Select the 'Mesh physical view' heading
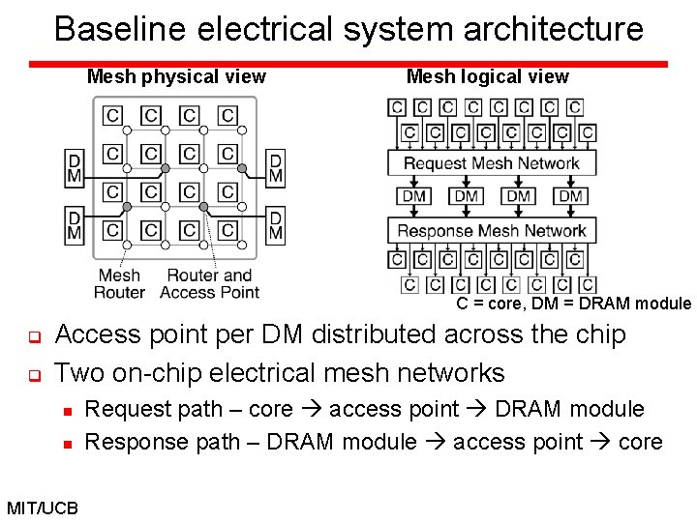click(176, 77)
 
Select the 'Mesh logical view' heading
click(488, 77)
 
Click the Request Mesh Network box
click(491, 163)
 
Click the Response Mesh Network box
click(491, 230)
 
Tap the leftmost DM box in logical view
click(414, 196)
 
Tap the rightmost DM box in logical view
click(571, 196)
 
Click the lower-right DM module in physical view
click(276, 224)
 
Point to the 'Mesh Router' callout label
click(120, 284)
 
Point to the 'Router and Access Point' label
click(209, 284)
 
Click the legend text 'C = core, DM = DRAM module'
click(574, 304)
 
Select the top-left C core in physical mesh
click(113, 116)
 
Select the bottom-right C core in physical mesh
click(227, 230)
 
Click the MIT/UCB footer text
click(43, 507)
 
